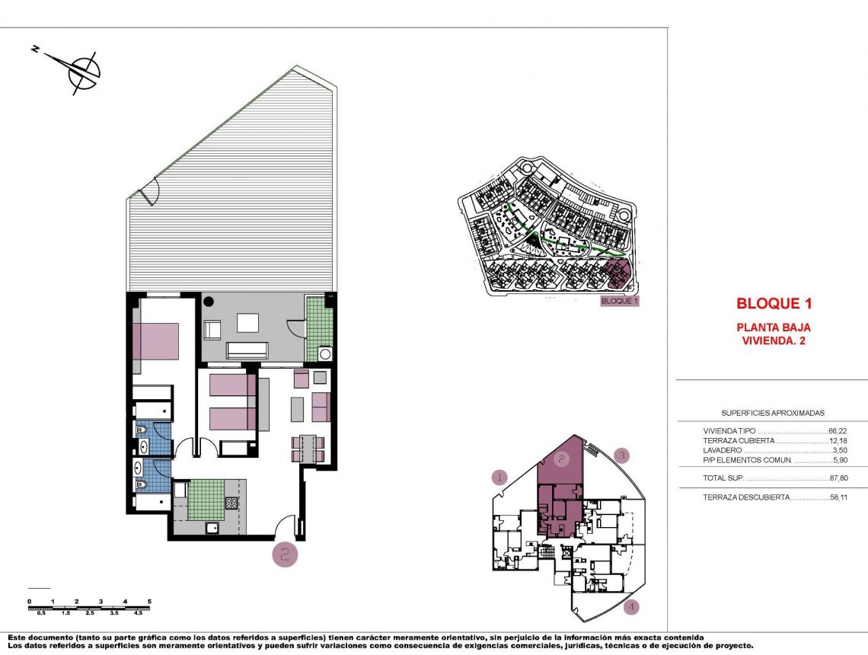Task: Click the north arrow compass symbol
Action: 82,72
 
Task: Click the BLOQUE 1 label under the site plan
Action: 619,301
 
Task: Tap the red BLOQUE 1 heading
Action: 774,303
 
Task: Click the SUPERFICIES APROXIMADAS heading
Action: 773,412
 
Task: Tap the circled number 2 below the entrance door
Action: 285,554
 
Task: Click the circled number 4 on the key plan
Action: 631,607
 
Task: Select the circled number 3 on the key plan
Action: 622,456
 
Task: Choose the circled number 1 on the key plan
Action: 499,478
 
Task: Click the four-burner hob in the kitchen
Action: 231,502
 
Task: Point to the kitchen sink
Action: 212,527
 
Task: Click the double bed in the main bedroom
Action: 156,341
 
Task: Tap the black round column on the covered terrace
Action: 209,302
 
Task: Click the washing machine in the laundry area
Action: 326,353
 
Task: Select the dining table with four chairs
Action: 308,449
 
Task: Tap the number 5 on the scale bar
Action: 149,602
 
